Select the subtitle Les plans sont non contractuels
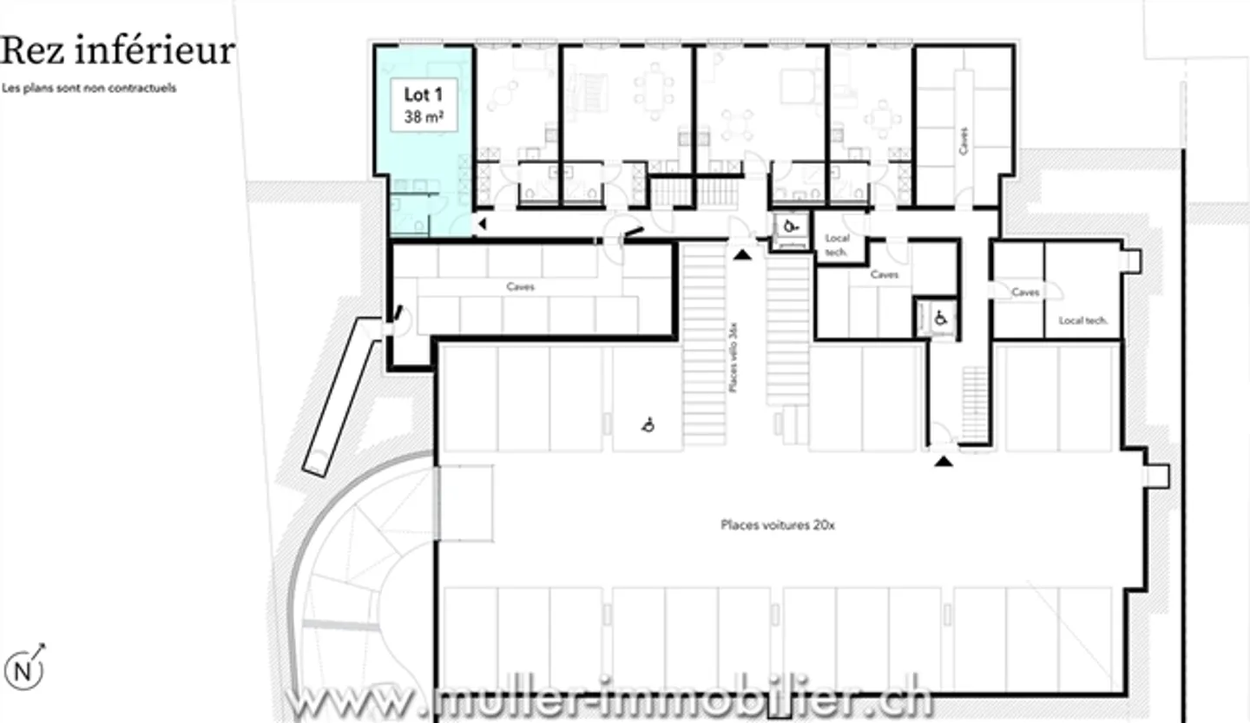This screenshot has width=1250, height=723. tap(89, 88)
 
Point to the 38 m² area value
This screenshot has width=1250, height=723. tap(424, 117)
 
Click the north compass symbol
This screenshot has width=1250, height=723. tap(24, 669)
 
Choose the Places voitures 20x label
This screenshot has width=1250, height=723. tap(778, 525)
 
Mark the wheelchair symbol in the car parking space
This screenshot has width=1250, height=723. tap(648, 424)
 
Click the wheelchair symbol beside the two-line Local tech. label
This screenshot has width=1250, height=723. tap(790, 227)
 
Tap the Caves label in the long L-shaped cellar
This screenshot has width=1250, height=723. tap(520, 286)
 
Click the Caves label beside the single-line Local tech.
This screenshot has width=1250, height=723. tap(1025, 292)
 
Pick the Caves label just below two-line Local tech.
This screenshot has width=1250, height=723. tap(884, 274)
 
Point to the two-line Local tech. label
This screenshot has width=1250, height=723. tap(838, 245)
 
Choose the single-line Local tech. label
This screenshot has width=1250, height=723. tap(1082, 320)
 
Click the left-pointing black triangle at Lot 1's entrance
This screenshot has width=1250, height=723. tap(483, 225)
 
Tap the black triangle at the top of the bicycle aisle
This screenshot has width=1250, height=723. tap(741, 253)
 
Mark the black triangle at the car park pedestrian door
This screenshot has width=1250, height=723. tap(944, 461)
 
